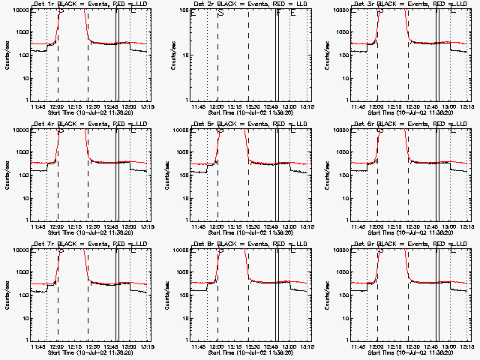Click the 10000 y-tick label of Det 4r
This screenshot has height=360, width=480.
18,130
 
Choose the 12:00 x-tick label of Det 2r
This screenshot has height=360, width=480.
217,106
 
